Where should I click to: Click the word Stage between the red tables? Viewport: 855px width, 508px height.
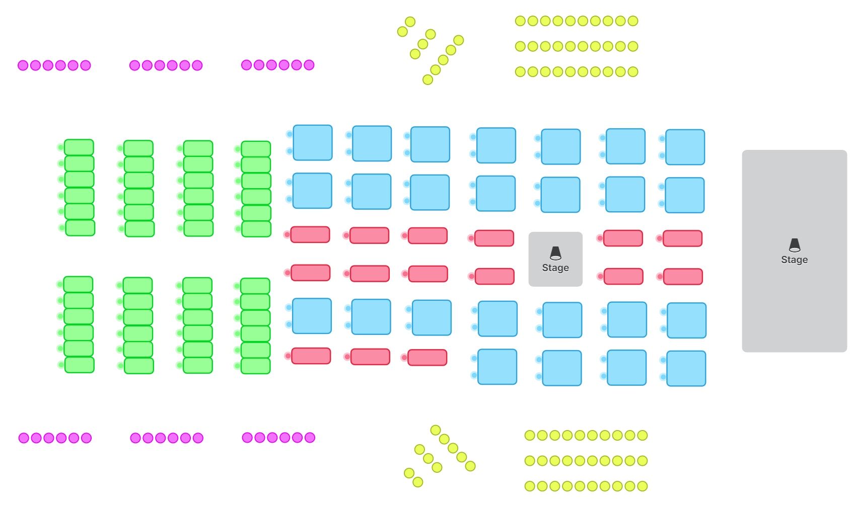pos(555,268)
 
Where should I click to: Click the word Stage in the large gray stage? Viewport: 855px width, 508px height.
pos(794,260)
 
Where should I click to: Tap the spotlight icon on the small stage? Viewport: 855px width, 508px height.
pos(555,253)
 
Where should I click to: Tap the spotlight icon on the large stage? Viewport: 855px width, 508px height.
pos(794,245)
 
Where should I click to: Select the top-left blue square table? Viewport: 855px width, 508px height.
pos(313,143)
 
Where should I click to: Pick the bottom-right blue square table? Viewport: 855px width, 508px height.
pos(686,369)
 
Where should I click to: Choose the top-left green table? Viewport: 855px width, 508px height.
pos(79,147)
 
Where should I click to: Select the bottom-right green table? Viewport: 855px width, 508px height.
pos(256,366)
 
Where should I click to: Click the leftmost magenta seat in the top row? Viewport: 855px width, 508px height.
pos(23,65)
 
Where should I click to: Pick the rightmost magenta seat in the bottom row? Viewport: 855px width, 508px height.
pos(310,438)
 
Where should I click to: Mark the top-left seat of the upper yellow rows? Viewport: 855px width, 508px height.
pos(520,21)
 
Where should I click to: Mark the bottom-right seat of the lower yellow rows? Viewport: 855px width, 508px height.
pos(642,486)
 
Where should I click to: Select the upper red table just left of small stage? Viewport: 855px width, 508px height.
pos(494,238)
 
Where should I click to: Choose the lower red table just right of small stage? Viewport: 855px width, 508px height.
pos(623,276)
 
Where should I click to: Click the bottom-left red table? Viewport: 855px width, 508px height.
pos(311,356)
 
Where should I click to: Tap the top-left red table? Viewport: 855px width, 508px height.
pos(310,234)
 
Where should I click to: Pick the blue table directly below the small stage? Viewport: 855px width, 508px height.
pos(562,320)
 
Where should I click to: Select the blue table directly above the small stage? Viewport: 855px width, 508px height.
pos(560,195)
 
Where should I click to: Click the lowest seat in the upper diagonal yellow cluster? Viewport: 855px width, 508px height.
pos(427,79)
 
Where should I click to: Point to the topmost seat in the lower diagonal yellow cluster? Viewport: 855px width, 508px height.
pos(436,430)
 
